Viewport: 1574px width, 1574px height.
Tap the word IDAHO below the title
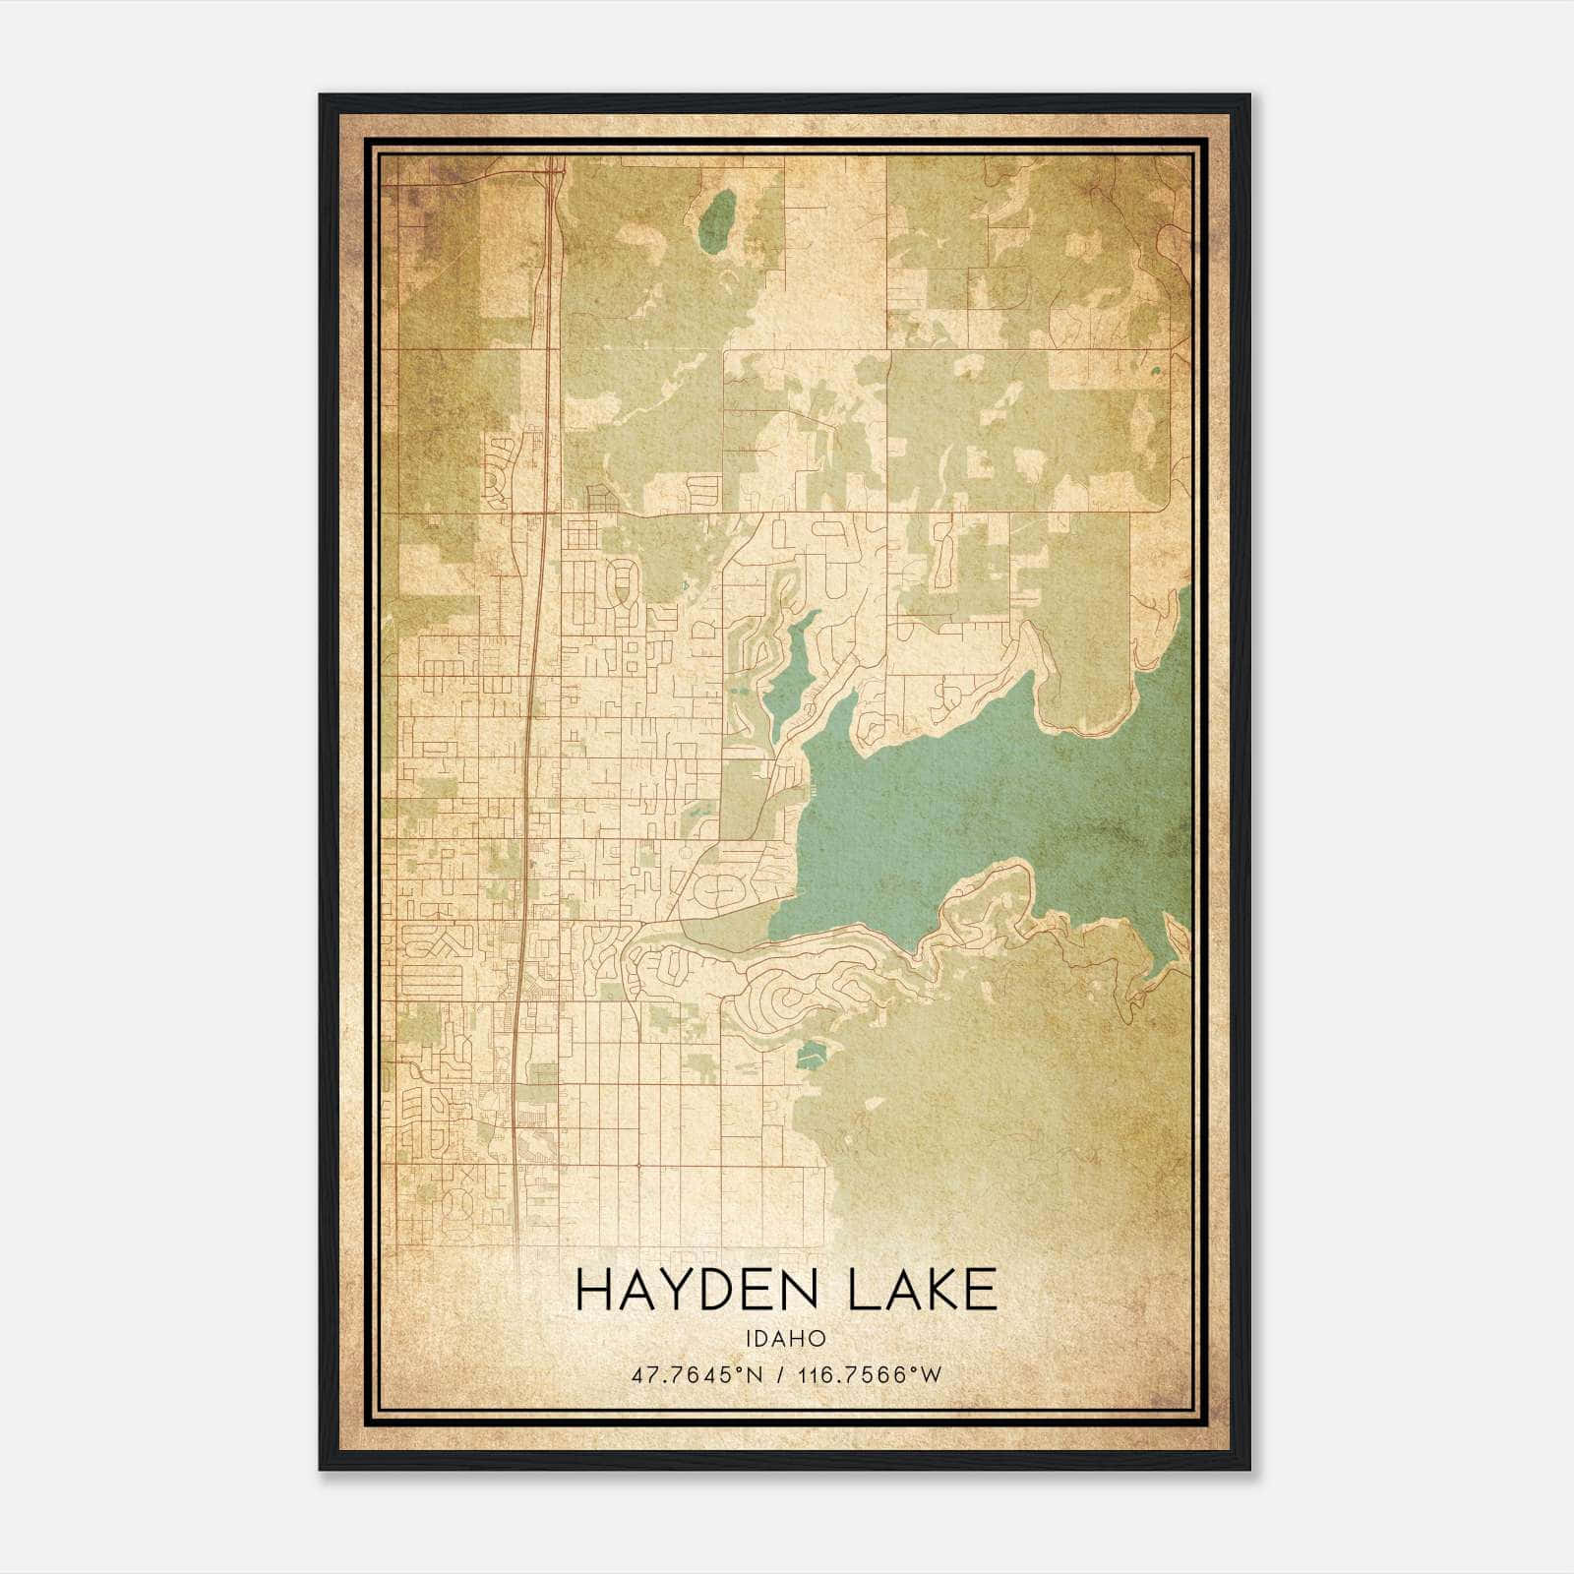coord(786,1339)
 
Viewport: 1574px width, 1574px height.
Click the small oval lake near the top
coord(717,218)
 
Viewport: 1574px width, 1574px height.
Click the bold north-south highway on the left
coord(531,787)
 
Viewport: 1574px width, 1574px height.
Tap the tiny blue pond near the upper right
coord(1156,373)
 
